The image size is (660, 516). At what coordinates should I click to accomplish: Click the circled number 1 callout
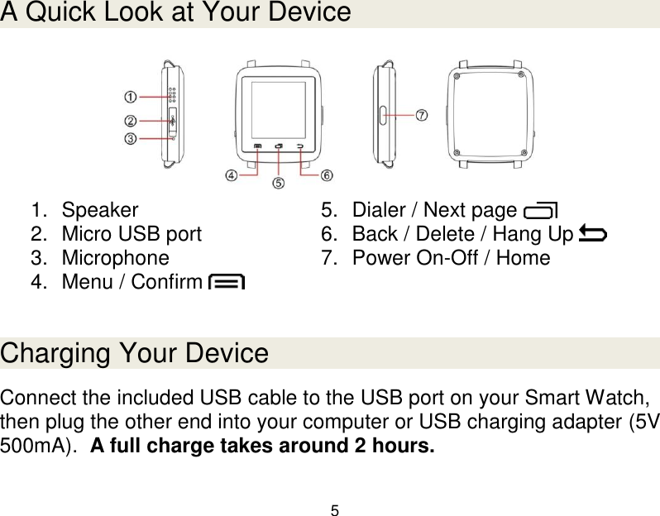tap(131, 97)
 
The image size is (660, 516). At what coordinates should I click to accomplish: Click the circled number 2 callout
tap(131, 119)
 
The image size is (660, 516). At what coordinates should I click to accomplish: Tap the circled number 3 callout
tap(131, 139)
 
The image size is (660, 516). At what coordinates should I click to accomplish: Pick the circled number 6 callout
tap(327, 175)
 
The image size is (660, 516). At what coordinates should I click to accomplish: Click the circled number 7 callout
tap(421, 115)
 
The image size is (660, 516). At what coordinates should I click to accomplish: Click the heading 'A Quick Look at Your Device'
tap(176, 13)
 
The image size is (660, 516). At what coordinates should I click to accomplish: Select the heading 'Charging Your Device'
tap(135, 354)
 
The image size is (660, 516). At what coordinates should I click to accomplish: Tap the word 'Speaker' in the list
tap(100, 209)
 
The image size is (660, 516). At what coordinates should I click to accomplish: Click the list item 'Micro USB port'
tap(132, 234)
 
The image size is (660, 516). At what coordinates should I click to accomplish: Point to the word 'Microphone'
tap(115, 258)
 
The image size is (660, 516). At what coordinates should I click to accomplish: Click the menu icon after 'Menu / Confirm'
tap(227, 282)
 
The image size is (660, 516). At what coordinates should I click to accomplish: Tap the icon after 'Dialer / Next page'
tap(541, 210)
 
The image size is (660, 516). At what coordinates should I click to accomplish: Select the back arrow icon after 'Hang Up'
tap(592, 234)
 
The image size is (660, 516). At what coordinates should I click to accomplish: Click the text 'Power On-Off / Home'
tap(451, 258)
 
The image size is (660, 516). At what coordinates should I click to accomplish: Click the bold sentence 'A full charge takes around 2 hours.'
tap(261, 448)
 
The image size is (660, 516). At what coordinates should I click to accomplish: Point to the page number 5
tap(334, 509)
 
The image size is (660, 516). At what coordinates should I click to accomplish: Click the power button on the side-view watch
tap(383, 114)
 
